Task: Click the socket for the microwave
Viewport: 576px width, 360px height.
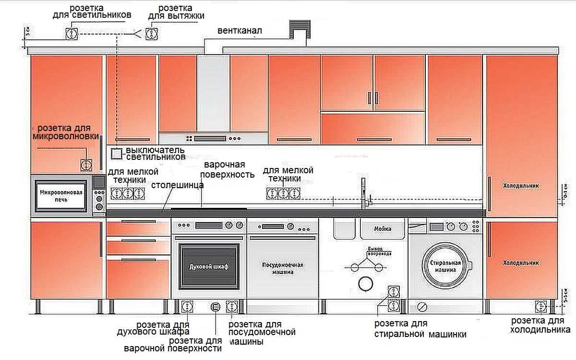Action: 86,165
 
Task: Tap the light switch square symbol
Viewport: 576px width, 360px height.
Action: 117,154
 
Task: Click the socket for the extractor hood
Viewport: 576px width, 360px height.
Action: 151,34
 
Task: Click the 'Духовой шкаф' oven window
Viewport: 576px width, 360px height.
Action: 209,265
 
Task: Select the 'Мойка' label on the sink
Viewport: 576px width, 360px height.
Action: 383,229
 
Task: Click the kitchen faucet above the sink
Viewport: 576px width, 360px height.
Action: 363,192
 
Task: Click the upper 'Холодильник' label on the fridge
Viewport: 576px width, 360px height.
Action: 521,185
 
